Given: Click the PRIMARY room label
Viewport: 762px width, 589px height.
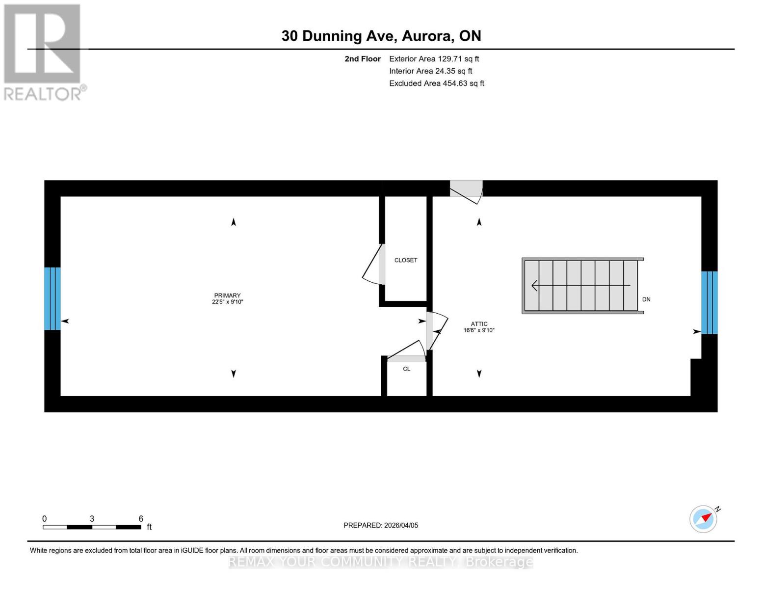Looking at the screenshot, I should point(227,295).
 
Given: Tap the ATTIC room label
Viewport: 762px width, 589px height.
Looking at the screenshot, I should point(479,324).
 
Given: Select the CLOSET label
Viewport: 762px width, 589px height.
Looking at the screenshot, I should point(406,260).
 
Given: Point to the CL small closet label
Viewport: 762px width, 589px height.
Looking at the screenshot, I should point(406,369).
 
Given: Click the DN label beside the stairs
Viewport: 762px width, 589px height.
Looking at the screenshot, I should point(646,299).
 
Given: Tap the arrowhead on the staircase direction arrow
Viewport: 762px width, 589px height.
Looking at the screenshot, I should point(534,285).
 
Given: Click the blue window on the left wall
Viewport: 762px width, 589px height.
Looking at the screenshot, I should point(53,298).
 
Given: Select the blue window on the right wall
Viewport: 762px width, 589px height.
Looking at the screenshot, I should point(709,302).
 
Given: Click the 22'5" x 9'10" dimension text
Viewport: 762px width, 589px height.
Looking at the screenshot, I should point(227,302).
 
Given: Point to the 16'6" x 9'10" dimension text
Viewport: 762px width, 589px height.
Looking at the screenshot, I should point(479,330).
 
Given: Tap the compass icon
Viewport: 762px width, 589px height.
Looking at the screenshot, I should point(704,519).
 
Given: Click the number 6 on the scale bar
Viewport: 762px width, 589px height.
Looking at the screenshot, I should point(141,519).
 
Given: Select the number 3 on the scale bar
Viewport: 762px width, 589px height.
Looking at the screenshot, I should point(92,519).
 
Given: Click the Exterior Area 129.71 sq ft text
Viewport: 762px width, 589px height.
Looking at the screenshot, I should point(434,59).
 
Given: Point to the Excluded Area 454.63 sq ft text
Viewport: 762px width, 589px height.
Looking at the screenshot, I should point(436,83).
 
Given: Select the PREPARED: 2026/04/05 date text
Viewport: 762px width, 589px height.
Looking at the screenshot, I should point(381,525).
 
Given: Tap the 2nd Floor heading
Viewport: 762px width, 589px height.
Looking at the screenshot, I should point(363,59).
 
